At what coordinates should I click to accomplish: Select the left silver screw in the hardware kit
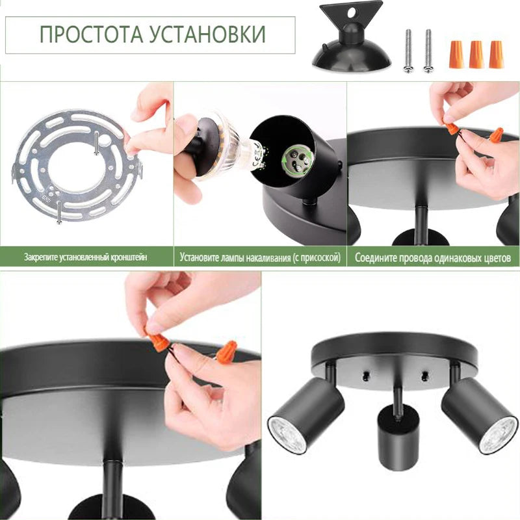tap(408, 51)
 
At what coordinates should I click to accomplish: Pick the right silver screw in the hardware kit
tap(428, 51)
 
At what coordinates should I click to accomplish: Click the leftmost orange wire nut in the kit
tap(456, 55)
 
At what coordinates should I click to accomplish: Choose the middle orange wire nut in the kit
tap(476, 55)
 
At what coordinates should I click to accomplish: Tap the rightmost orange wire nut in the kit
tap(496, 55)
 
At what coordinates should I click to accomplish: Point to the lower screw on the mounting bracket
tap(59, 213)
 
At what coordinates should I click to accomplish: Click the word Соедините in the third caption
tap(376, 257)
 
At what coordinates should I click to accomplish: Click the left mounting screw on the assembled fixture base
tap(366, 376)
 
